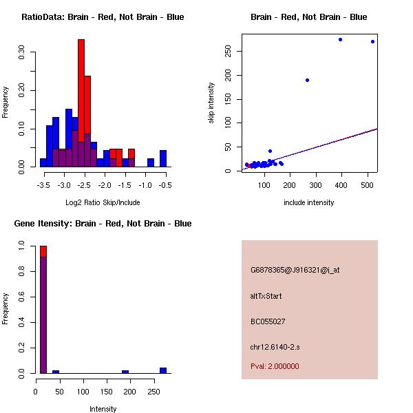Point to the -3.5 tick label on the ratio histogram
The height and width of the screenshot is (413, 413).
click(43, 185)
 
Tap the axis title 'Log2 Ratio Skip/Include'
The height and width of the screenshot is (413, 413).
click(103, 203)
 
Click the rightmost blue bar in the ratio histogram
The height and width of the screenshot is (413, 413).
click(163, 158)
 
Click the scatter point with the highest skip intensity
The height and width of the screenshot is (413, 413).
click(340, 39)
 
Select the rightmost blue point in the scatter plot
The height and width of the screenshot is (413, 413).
click(372, 41)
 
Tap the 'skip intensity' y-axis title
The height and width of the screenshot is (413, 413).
click(211, 103)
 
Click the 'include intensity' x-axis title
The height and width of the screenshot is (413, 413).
click(308, 202)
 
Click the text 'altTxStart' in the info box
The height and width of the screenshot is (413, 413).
click(266, 296)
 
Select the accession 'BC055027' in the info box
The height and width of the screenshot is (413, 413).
click(268, 321)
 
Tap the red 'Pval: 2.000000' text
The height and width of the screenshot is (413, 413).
click(275, 366)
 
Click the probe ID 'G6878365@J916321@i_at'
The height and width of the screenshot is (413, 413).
click(295, 270)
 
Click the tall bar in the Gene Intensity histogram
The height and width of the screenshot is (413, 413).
click(43, 310)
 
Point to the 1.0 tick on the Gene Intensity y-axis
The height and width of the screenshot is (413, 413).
click(23, 245)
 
